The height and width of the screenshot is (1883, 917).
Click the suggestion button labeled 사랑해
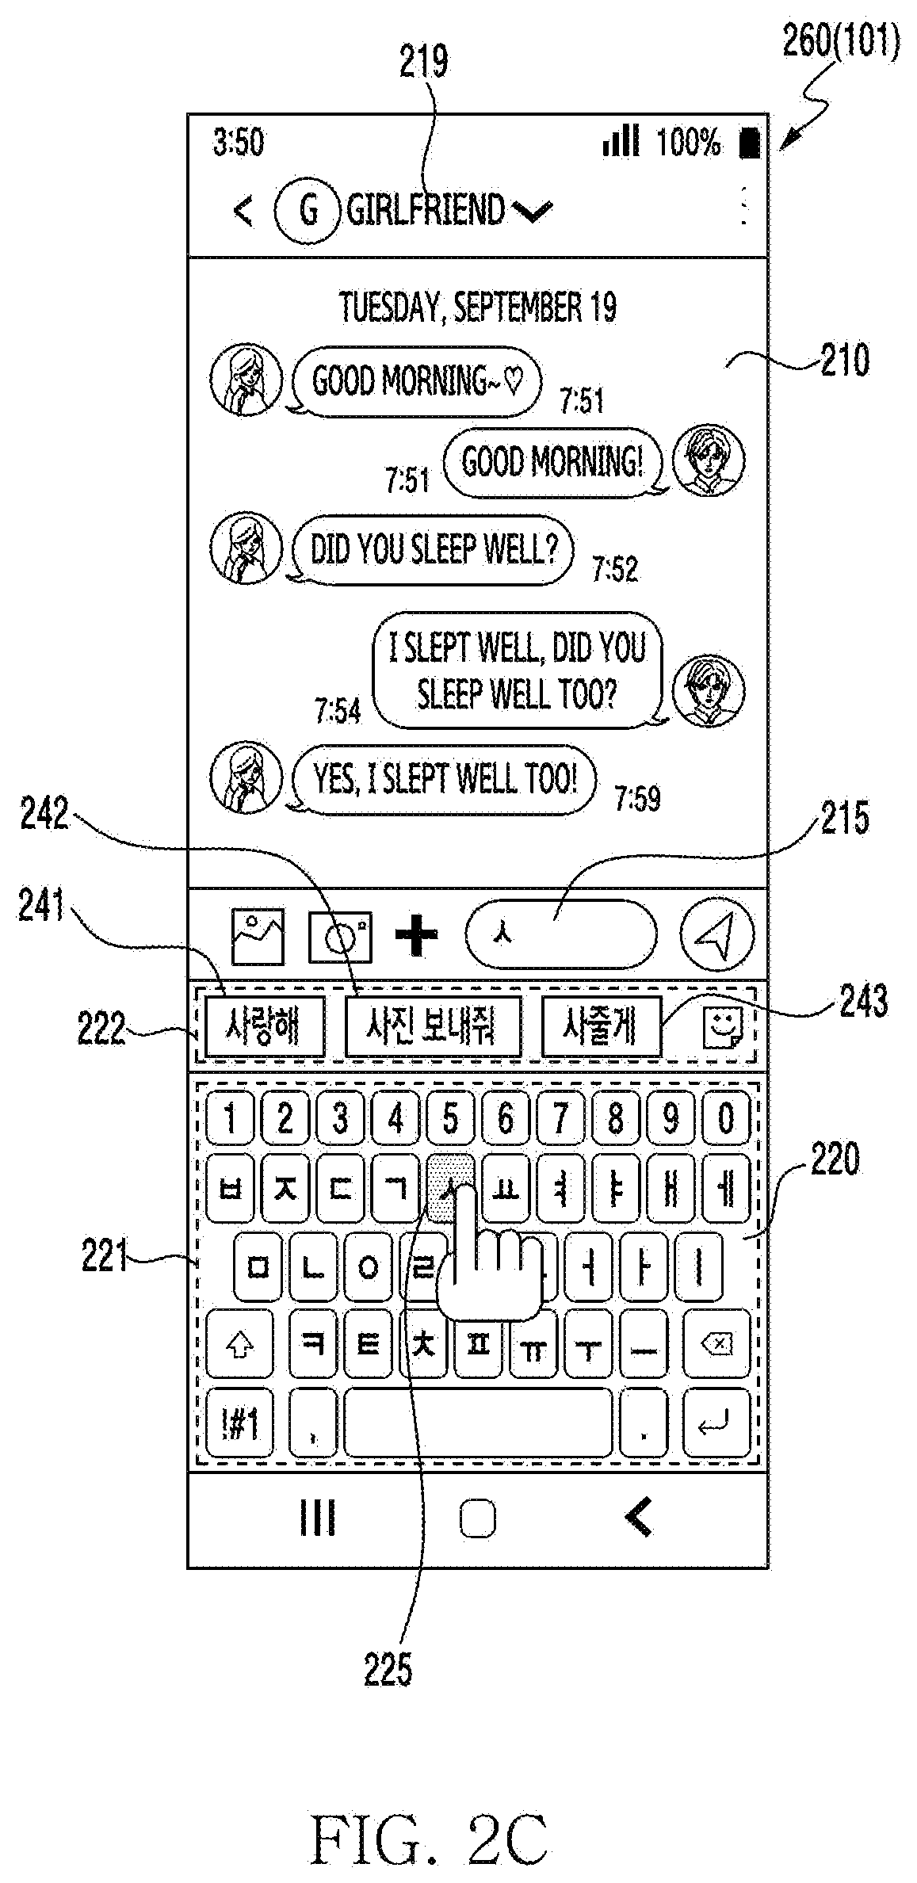(264, 1027)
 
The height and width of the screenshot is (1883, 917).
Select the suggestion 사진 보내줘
(433, 1027)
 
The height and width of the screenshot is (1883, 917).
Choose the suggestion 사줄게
(601, 1027)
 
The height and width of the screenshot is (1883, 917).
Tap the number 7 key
(560, 1117)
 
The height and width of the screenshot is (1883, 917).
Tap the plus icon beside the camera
(416, 935)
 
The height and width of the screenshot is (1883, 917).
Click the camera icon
(340, 936)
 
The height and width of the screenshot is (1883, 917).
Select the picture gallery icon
(258, 936)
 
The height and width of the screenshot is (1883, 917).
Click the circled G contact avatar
(308, 210)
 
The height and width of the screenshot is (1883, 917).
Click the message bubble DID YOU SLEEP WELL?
(433, 549)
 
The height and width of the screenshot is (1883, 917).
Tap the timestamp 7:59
(637, 799)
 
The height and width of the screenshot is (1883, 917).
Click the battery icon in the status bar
(750, 143)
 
